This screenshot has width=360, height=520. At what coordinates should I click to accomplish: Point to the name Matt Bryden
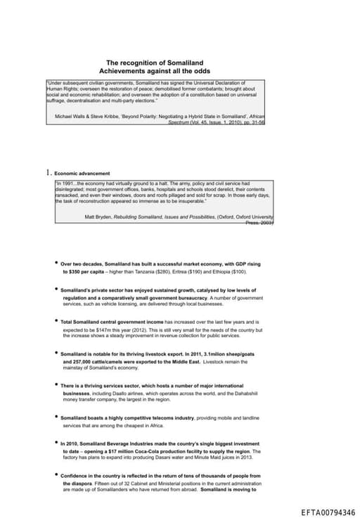[101, 217]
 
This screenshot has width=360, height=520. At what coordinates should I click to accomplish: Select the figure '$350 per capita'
[84, 271]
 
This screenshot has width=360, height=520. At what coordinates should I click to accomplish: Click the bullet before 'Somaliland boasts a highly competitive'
[56, 417]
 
